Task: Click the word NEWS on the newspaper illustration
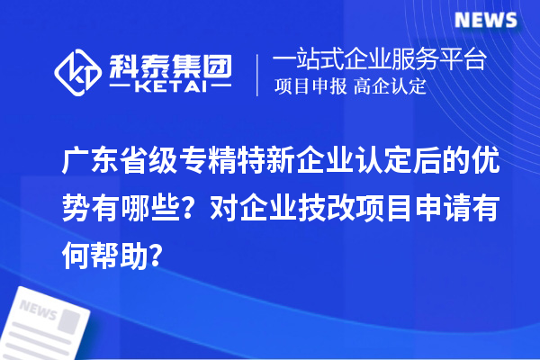point(38,310)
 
